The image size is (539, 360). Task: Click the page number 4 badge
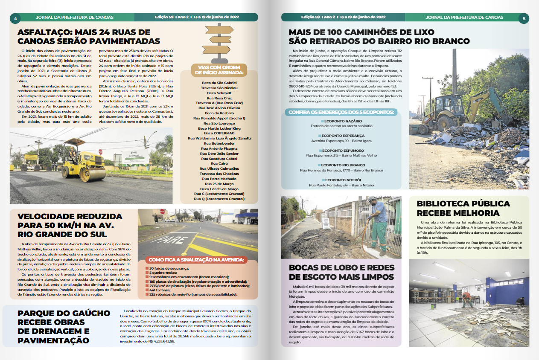(x=15, y=18)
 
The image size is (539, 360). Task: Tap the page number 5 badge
(x=524, y=18)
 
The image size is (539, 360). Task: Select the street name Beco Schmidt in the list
(x=219, y=93)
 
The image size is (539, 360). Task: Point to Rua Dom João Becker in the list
(x=219, y=154)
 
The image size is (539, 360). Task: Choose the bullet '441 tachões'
(x=160, y=290)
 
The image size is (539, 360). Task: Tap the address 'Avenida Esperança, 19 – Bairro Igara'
(x=341, y=141)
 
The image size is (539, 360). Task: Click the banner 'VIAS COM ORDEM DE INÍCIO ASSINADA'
(x=219, y=70)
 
